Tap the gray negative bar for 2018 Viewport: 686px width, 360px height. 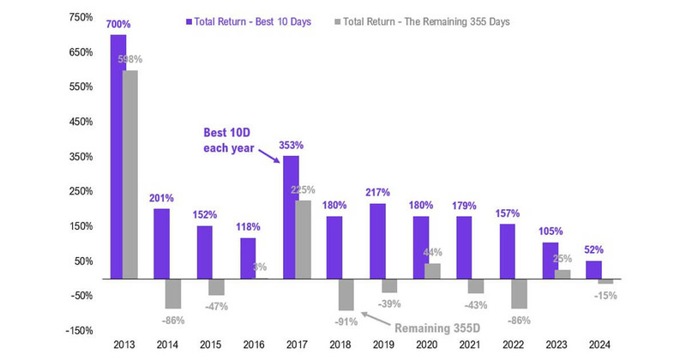[x=346, y=294]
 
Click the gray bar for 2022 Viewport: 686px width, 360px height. [x=519, y=293]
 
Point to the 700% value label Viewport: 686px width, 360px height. [x=118, y=26]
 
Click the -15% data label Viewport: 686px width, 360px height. [x=606, y=296]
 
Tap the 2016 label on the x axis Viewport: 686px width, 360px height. [x=254, y=345]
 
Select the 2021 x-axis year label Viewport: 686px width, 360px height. [x=468, y=345]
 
